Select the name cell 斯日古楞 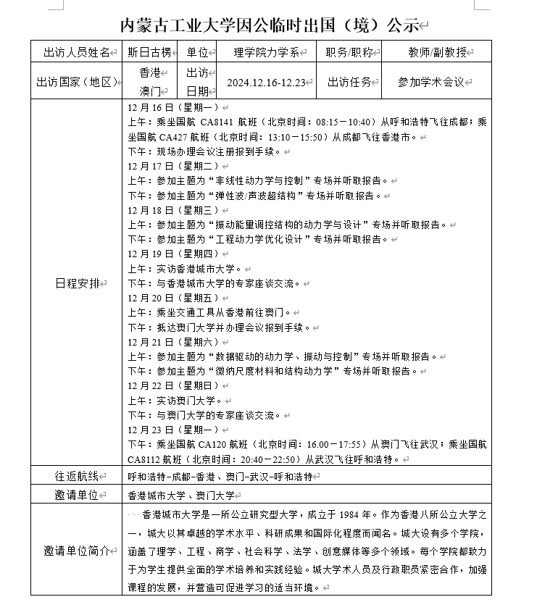tap(149, 52)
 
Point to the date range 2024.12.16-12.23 tap(265, 82)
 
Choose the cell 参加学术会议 tap(430, 82)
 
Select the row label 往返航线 tap(76, 476)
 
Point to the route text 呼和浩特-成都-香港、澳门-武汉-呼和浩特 tap(220, 477)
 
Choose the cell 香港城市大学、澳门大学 tap(180, 496)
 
